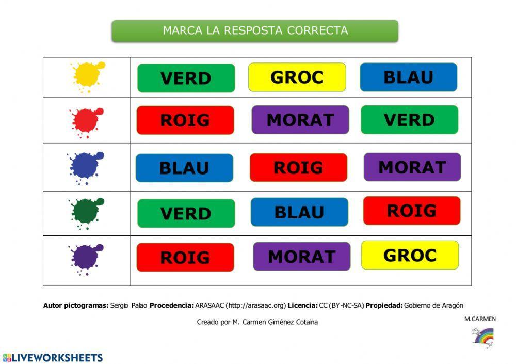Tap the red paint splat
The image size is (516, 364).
[x=86, y=121]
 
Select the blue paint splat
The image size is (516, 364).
[x=85, y=167]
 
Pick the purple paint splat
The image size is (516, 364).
[x=85, y=257]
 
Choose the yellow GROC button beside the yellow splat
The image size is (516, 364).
[x=297, y=77]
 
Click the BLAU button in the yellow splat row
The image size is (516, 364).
[x=408, y=77]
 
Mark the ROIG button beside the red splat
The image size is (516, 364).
[x=185, y=120]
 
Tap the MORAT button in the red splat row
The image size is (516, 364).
[x=300, y=120]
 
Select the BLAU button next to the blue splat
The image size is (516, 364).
[x=184, y=168]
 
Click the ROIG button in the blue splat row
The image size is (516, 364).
[x=298, y=167]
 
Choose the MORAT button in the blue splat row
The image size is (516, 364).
[x=412, y=167]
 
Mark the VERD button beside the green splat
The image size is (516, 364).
[x=186, y=213]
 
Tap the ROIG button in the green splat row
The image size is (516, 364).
[x=411, y=211]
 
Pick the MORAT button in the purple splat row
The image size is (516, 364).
[x=301, y=256]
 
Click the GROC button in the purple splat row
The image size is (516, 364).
[x=410, y=255]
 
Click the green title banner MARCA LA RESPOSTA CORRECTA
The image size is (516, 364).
[x=255, y=30]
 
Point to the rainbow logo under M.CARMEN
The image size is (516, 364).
[x=483, y=337]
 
